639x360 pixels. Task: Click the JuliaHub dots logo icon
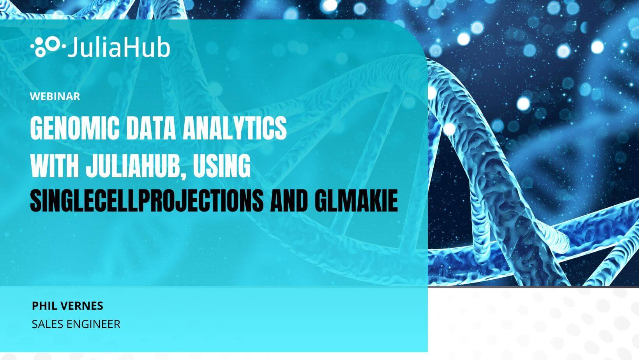(48, 46)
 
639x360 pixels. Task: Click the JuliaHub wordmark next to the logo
(119, 48)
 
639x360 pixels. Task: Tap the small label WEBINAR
(55, 96)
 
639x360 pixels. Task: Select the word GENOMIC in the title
(75, 128)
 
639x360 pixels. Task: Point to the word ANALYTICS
(235, 128)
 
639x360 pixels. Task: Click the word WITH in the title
(55, 166)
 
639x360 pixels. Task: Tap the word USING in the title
(222, 166)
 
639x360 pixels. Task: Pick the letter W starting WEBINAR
(35, 96)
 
